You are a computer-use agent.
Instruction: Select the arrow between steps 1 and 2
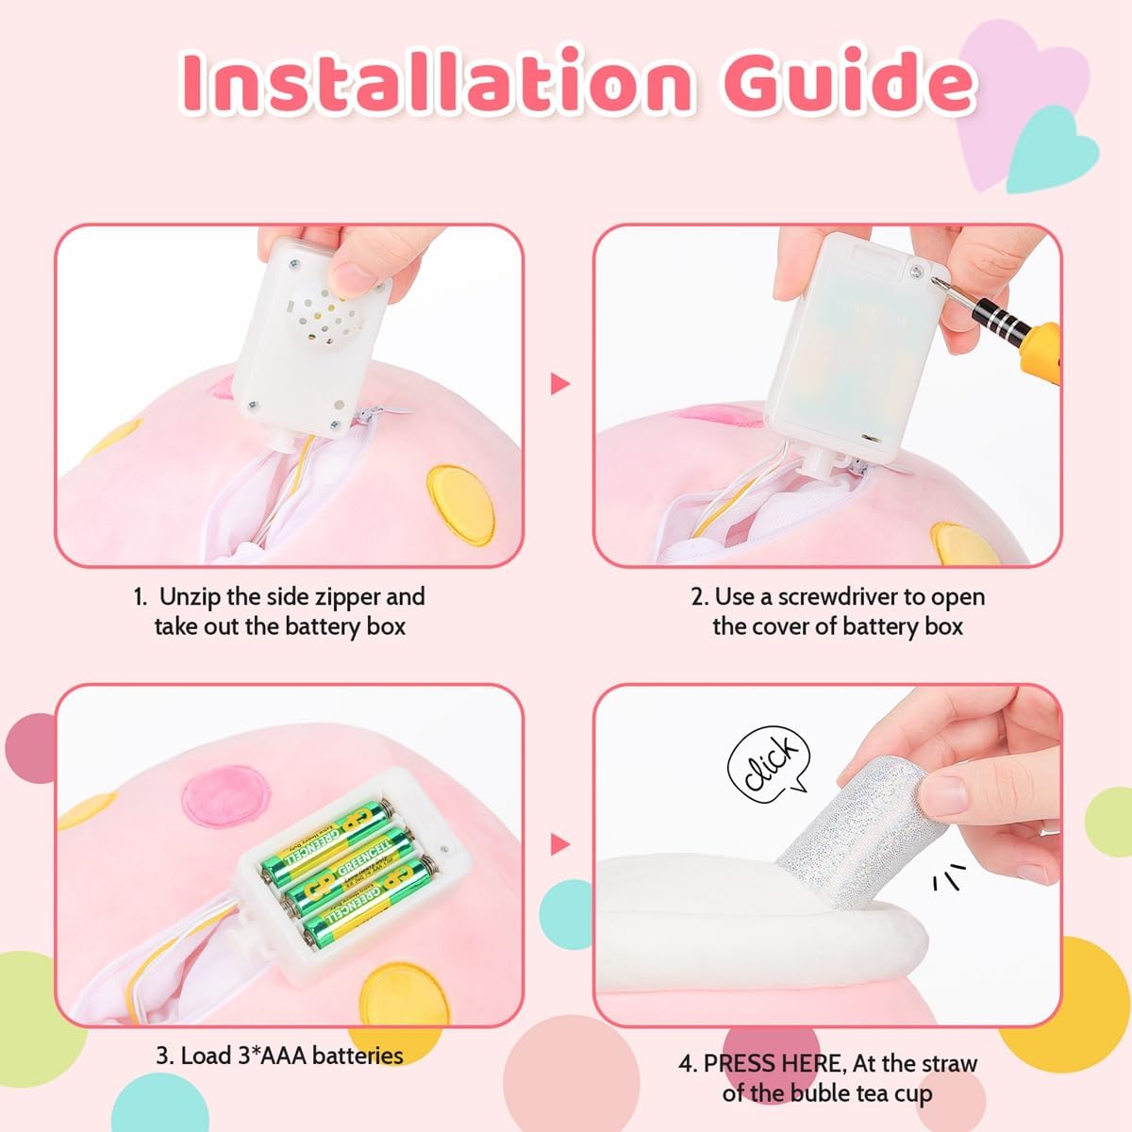pyautogui.click(x=560, y=383)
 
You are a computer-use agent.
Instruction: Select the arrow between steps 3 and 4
pyautogui.click(x=560, y=843)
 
